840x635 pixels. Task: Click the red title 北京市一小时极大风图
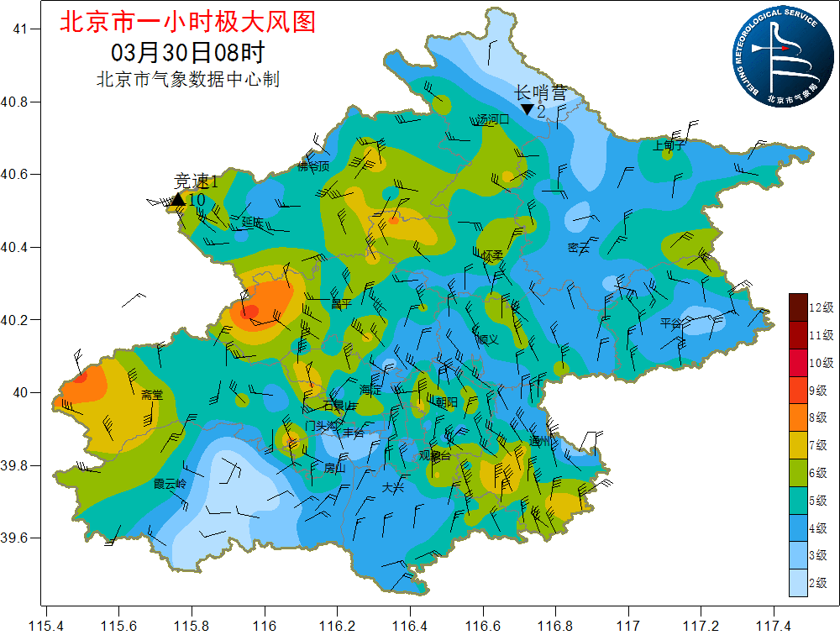pos(187,22)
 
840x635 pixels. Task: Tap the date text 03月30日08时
pos(188,52)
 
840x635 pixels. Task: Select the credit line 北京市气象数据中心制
pos(188,80)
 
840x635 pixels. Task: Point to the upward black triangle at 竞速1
pos(177,199)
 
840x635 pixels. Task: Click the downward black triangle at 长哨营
pos(527,109)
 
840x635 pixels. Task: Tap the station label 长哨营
pos(541,92)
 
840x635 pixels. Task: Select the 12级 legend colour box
pos(797,307)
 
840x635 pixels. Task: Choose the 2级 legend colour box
pos(797,582)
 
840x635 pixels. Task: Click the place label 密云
pos(579,248)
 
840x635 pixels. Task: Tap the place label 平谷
pos(672,323)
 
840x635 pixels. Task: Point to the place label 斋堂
pos(152,395)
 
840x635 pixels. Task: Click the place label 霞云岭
pos(170,484)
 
